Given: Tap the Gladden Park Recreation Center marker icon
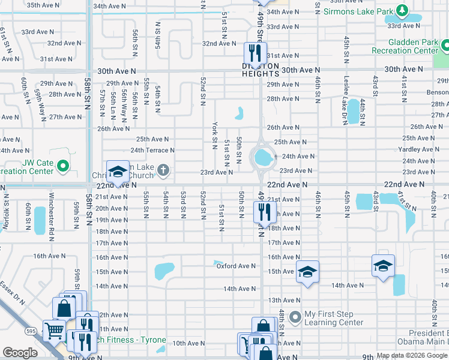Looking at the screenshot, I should [444, 45].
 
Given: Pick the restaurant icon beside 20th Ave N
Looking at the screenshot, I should [264, 211].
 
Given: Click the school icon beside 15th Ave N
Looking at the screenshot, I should [307, 271].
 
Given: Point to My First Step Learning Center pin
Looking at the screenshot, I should [295, 316].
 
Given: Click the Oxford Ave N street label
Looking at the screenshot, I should [236, 266].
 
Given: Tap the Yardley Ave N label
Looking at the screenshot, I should [419, 149].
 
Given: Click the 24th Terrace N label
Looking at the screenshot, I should [152, 150].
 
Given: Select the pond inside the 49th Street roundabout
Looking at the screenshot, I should [263, 158].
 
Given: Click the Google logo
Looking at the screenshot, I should [20, 353].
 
